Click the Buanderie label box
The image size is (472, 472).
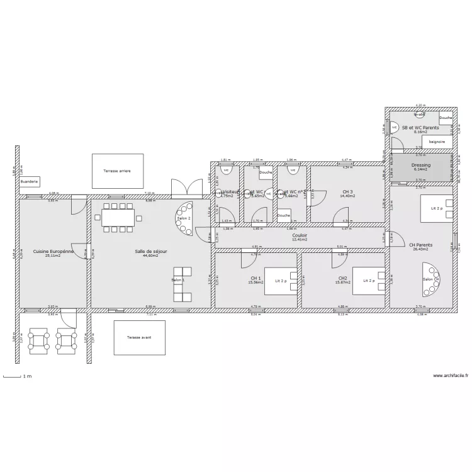pyautogui.click(x=29, y=181)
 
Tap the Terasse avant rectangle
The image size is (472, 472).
pyautogui.click(x=139, y=337)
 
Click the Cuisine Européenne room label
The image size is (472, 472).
pyautogui.click(x=53, y=251)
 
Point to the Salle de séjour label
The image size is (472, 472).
pyautogui.click(x=150, y=251)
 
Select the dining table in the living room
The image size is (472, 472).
pyautogui.click(x=118, y=218)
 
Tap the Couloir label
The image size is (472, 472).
pyautogui.click(x=300, y=235)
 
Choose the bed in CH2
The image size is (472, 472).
pyautogui.click(x=368, y=281)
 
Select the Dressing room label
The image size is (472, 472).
pyautogui.click(x=420, y=165)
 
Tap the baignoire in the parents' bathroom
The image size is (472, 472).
pyautogui.click(x=436, y=142)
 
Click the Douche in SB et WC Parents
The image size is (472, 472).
pyautogui.click(x=446, y=118)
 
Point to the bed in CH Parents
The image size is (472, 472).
pyautogui.click(x=435, y=207)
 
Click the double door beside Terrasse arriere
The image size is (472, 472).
pyautogui.click(x=184, y=188)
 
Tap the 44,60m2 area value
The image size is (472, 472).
pyautogui.click(x=150, y=256)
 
